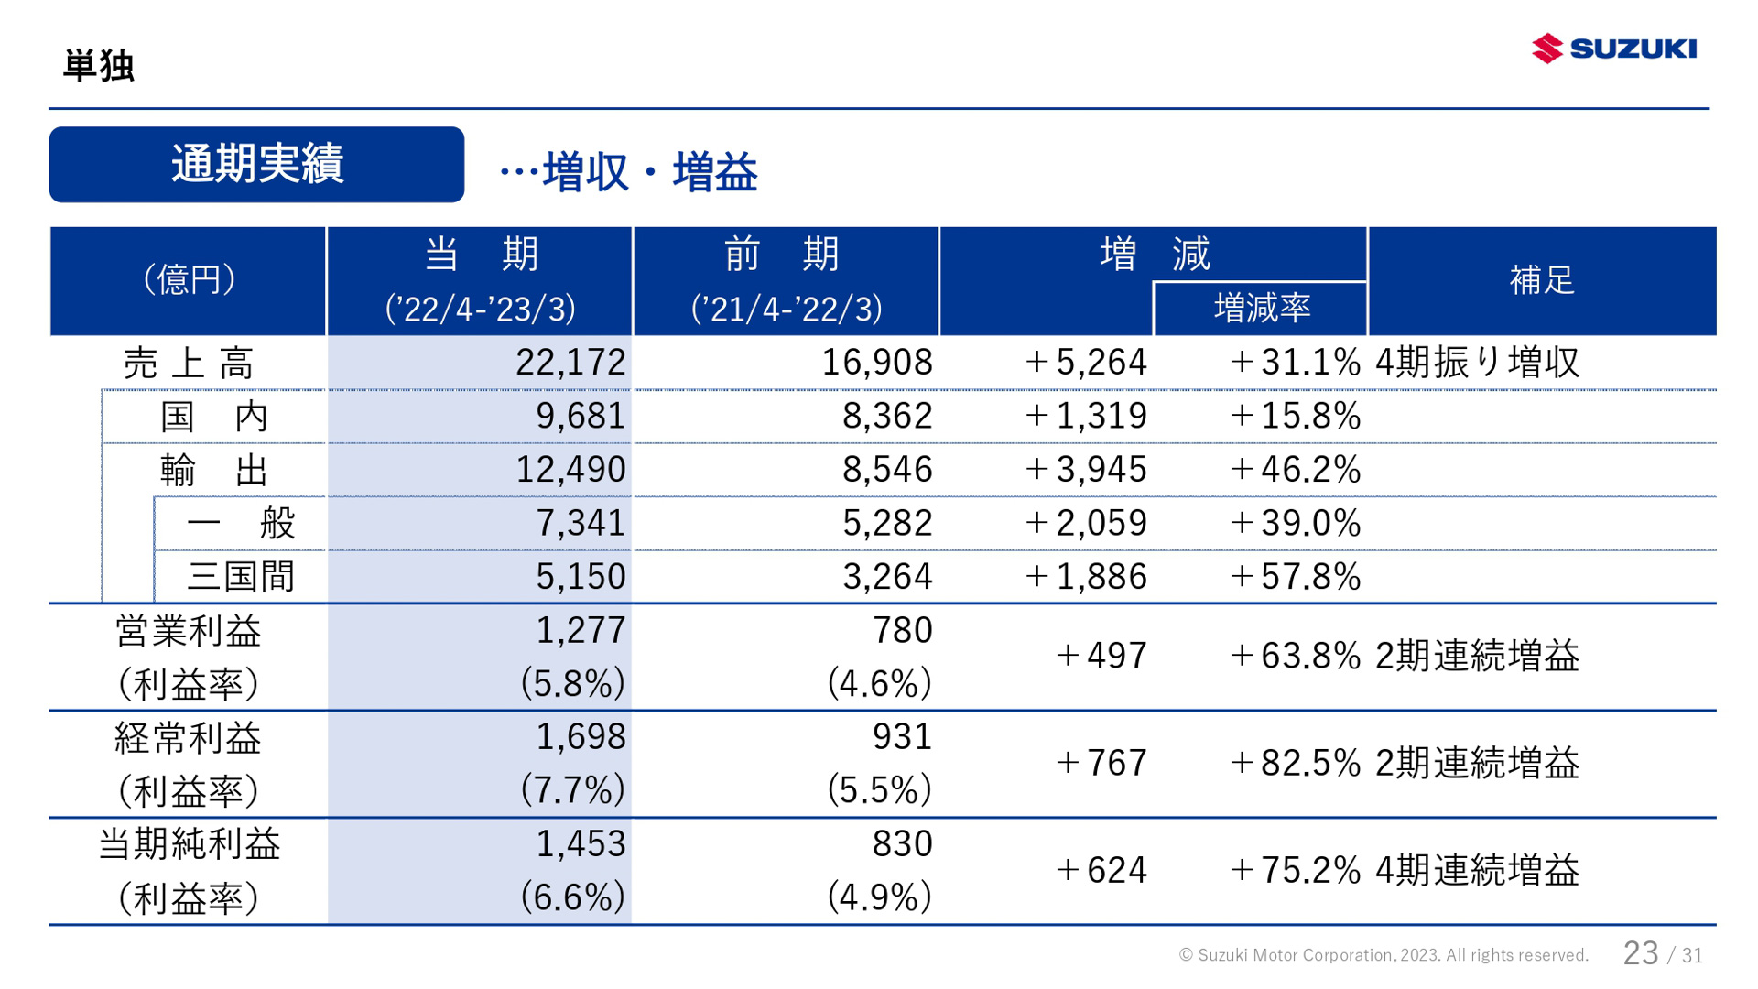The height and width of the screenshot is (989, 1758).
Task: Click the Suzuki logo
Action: click(1613, 48)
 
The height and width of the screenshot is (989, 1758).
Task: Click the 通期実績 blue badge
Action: click(256, 165)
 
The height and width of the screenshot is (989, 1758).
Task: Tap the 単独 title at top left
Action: click(99, 66)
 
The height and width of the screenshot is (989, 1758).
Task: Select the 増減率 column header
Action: click(1261, 309)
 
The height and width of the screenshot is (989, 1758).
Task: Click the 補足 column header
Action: click(1541, 280)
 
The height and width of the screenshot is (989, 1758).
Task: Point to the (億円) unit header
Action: click(189, 280)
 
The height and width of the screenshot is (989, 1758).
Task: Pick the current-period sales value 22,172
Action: click(570, 363)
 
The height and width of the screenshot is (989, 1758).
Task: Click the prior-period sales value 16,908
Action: click(876, 363)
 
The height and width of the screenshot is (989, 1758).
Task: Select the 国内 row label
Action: click(213, 417)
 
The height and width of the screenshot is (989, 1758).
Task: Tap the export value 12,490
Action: click(570, 470)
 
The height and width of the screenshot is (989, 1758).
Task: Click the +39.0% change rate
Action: click(1295, 523)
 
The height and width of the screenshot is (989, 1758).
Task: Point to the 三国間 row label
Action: click(240, 577)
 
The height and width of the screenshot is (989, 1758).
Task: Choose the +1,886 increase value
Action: click(1086, 577)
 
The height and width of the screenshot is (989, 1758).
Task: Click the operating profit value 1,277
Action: click(581, 631)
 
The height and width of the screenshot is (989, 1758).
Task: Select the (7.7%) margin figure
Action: click(572, 790)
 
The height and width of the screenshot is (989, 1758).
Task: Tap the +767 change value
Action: click(1101, 763)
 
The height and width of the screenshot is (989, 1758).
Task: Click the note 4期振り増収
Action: click(1477, 363)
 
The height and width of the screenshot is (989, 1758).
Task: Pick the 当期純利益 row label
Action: click(189, 844)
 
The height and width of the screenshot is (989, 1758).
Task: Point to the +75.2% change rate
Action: click(1295, 870)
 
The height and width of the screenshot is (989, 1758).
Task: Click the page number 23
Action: click(1640, 953)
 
